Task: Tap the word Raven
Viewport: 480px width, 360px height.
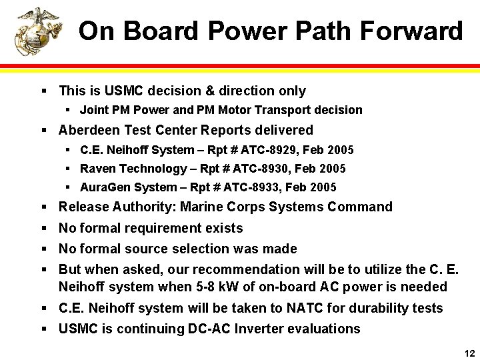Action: tap(97, 169)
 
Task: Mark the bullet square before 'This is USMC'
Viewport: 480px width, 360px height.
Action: tap(43, 91)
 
